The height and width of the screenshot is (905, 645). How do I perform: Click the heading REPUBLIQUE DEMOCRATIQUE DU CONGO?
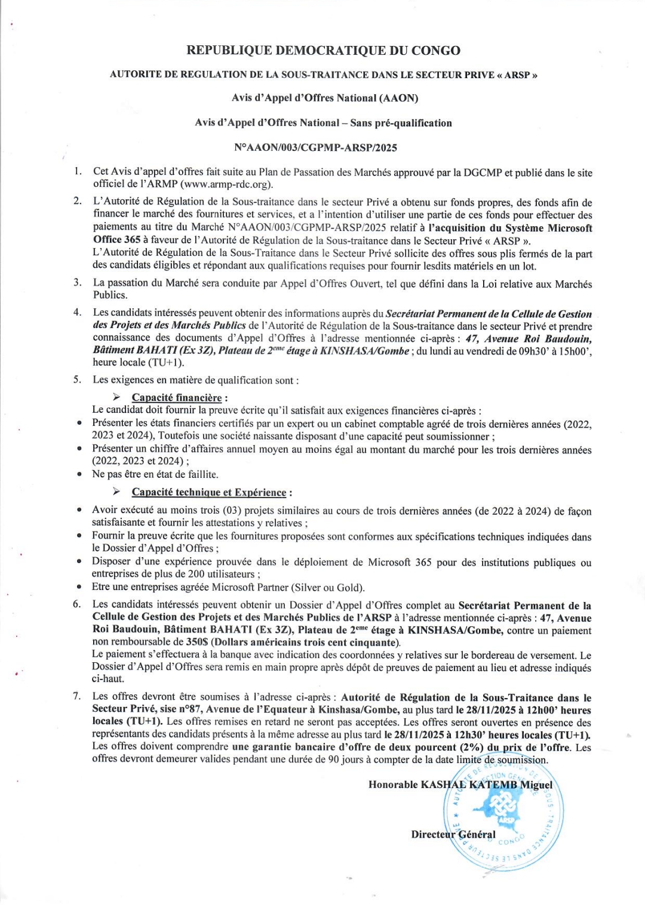(x=323, y=51)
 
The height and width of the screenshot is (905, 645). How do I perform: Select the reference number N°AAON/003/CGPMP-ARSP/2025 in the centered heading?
(x=315, y=147)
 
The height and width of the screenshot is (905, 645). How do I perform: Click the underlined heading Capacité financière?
(x=177, y=397)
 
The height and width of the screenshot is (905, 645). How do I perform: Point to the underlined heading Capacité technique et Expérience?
(x=209, y=492)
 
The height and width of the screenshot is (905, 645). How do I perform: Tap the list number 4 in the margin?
(x=77, y=312)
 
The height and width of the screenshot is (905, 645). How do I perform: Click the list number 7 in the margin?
(x=77, y=696)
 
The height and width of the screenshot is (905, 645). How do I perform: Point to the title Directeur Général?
(x=453, y=834)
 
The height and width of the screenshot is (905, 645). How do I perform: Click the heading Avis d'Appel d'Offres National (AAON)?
(x=325, y=98)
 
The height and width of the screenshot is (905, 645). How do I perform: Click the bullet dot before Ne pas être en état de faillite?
(x=79, y=474)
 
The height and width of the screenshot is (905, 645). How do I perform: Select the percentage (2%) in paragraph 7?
(x=471, y=748)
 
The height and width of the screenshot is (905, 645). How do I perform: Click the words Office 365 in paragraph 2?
(x=117, y=240)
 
